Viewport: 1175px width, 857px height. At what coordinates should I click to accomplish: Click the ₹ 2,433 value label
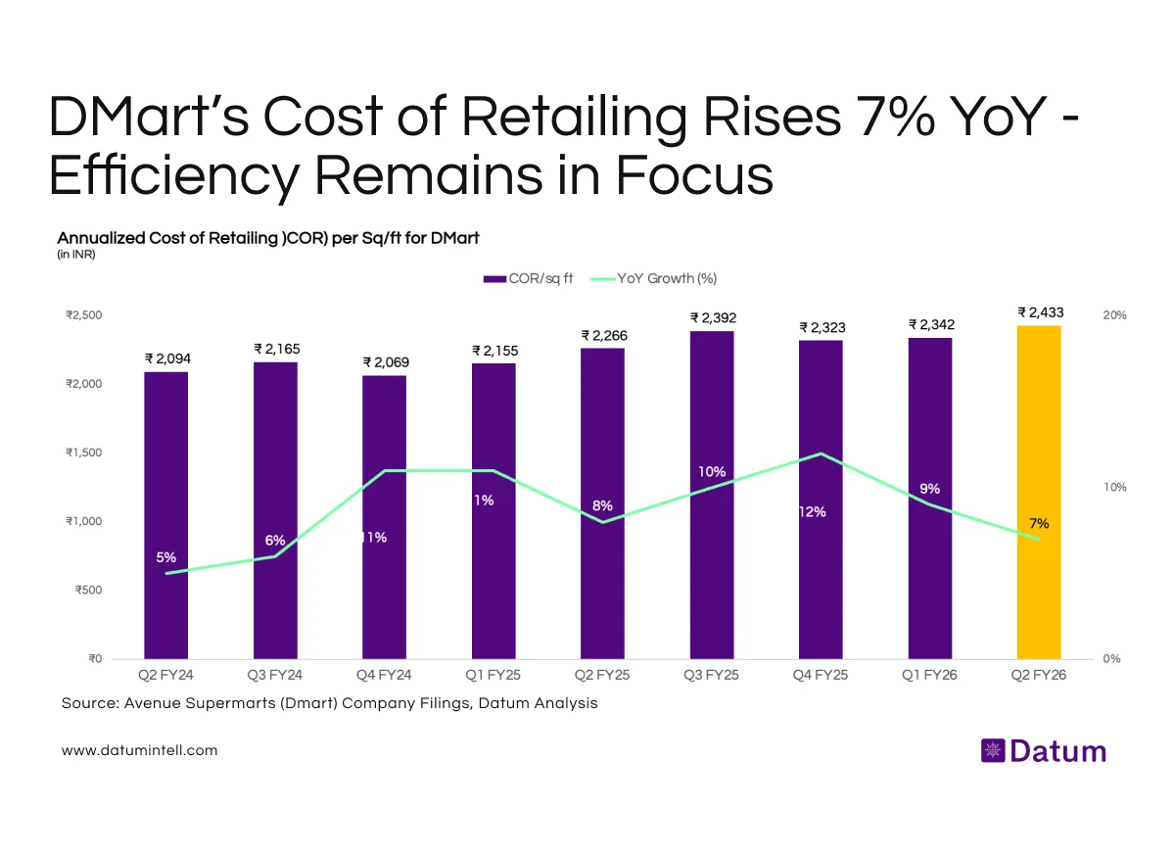coord(1040,312)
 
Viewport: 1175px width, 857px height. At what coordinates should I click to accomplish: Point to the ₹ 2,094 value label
coord(167,358)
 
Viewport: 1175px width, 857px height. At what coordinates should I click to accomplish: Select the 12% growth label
coord(812,511)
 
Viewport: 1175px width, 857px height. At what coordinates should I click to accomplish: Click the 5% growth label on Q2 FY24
coord(166,557)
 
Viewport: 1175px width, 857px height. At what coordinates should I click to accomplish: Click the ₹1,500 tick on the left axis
coord(84,452)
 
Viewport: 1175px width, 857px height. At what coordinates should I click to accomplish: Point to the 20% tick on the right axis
coord(1114,315)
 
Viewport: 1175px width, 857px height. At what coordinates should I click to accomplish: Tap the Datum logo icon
coord(992,751)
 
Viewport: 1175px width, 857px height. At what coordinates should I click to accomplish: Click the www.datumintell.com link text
coord(139,750)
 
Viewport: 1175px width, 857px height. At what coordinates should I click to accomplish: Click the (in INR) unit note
coord(76,255)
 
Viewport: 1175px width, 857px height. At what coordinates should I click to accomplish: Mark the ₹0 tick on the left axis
coord(90,659)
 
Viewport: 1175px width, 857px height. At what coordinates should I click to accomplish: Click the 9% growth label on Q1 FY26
coord(929,488)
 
